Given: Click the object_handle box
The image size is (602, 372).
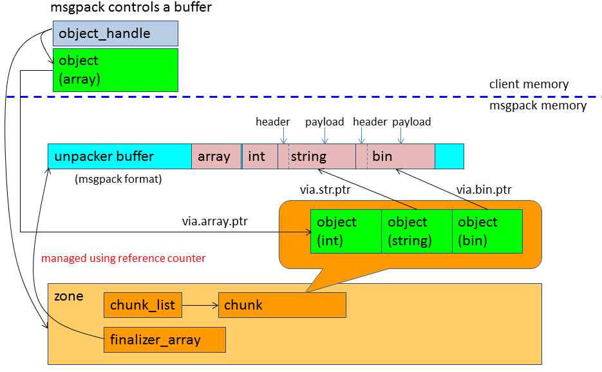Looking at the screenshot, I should point(115,33).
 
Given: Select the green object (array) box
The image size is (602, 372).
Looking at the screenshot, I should point(115,70).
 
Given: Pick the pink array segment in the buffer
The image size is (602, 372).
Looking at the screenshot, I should point(214,156).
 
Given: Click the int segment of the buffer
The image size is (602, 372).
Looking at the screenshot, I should point(259,156).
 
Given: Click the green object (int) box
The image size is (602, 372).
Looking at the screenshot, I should point(346,231).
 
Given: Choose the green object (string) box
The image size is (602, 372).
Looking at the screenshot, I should point(417,231).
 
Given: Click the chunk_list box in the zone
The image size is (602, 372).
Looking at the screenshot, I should point(143,305).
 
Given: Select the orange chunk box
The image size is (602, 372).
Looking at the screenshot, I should point(282,305).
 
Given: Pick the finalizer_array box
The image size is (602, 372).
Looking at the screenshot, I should point(164,340).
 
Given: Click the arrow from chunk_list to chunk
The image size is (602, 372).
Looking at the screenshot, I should point(200,305).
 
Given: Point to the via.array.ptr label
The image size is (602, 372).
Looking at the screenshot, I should point(214,221).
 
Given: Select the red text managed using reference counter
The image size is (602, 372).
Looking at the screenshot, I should point(124,258).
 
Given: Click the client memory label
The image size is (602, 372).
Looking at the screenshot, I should point(529,84).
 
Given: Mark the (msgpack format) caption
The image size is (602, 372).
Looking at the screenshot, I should point(118,180).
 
